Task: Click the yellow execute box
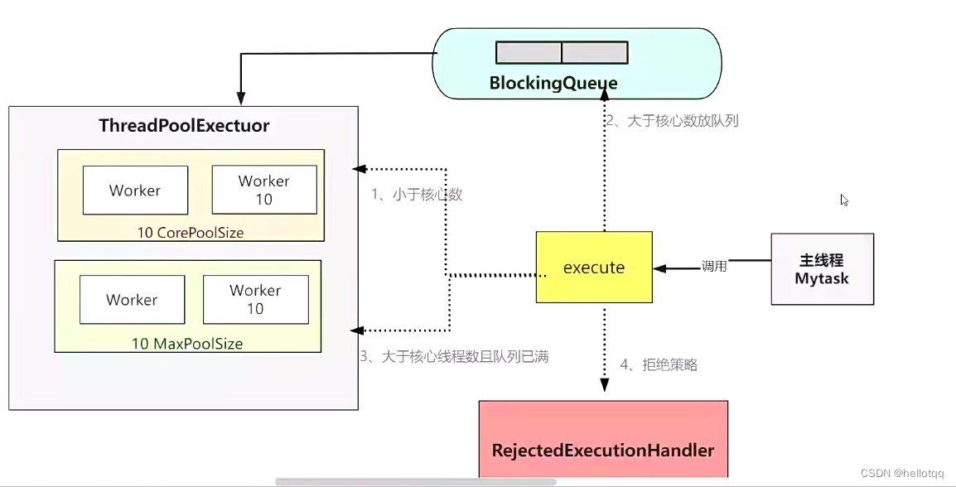pyautogui.click(x=594, y=267)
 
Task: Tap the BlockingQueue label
pyautogui.click(x=553, y=83)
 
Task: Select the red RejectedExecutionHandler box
pyautogui.click(x=604, y=439)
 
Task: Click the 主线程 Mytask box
pyautogui.click(x=822, y=269)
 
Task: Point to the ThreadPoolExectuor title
pyautogui.click(x=184, y=126)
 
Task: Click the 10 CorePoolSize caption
pyautogui.click(x=191, y=232)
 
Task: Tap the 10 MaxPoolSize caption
pyautogui.click(x=187, y=343)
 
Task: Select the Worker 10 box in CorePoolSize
pyautogui.click(x=264, y=190)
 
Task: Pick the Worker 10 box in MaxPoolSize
pyautogui.click(x=255, y=299)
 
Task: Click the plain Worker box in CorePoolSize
pyautogui.click(x=135, y=190)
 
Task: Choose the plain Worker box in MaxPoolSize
pyautogui.click(x=133, y=299)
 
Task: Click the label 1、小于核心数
pyautogui.click(x=417, y=195)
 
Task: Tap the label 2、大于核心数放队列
pyautogui.click(x=673, y=121)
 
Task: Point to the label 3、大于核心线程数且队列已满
pyautogui.click(x=454, y=357)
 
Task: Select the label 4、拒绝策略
pyautogui.click(x=659, y=365)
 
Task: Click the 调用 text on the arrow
pyautogui.click(x=714, y=267)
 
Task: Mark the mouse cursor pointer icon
pyautogui.click(x=844, y=200)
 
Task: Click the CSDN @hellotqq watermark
pyautogui.click(x=901, y=473)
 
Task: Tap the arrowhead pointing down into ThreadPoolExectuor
pyautogui.click(x=241, y=99)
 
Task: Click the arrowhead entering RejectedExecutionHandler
pyautogui.click(x=604, y=385)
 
